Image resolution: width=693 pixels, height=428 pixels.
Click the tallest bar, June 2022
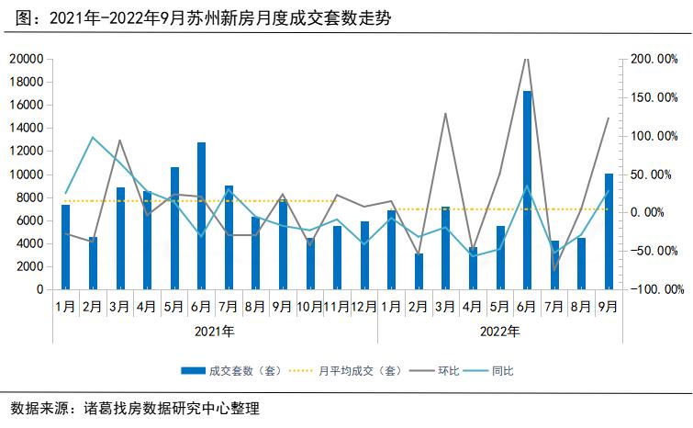tap(527, 190)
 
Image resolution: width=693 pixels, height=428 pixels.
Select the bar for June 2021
tap(201, 216)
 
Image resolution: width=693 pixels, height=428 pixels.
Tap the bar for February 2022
tap(419, 271)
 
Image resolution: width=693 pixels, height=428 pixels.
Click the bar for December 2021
tap(364, 254)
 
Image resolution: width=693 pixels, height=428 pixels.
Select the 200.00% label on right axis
tap(654, 59)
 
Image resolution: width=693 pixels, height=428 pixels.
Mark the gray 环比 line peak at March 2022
tap(446, 114)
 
